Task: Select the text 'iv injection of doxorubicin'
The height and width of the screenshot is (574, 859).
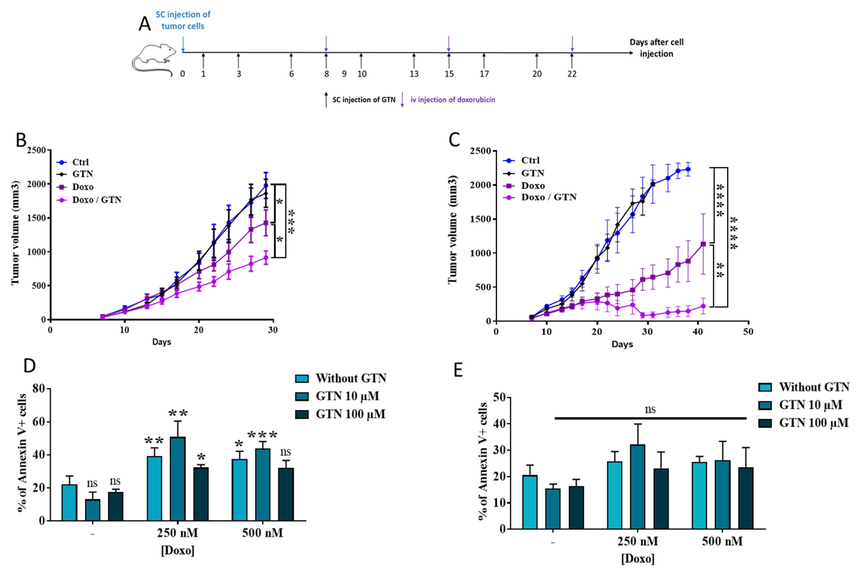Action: click(453, 100)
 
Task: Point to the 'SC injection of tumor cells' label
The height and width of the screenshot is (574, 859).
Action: click(183, 20)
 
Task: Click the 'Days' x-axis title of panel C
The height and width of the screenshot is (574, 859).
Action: click(622, 344)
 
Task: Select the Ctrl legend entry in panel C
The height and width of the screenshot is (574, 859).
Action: click(530, 160)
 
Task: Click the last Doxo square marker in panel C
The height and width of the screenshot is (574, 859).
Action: click(703, 244)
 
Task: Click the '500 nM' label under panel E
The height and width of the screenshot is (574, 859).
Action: click(722, 541)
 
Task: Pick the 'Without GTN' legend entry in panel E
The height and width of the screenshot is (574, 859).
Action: click(814, 387)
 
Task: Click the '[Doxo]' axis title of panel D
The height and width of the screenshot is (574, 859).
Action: click(178, 550)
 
